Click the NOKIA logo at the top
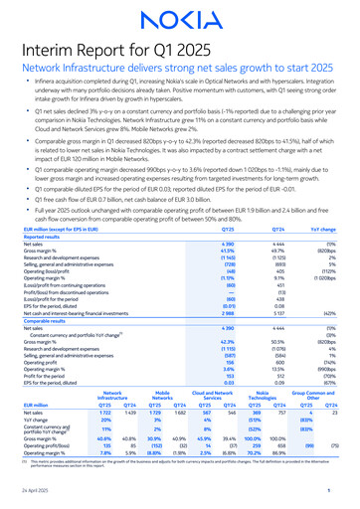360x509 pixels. click(180, 21)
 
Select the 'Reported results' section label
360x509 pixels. click(45, 237)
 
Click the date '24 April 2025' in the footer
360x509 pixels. click(35, 495)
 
